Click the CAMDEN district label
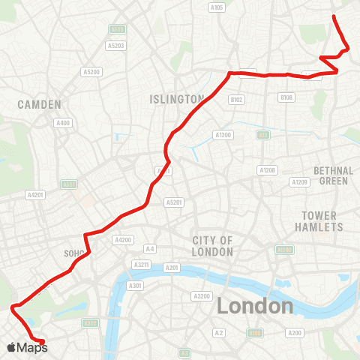click(x=39, y=105)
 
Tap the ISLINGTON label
click(x=176, y=99)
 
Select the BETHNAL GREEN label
click(x=332, y=175)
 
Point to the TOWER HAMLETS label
click(x=323, y=221)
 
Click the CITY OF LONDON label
click(x=213, y=246)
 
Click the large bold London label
click(x=255, y=306)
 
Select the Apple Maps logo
click(x=27, y=347)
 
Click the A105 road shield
click(x=217, y=7)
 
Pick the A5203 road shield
click(x=115, y=45)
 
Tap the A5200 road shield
click(x=91, y=72)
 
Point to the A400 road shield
click(x=63, y=123)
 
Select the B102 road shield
click(x=236, y=99)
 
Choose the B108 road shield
click(x=286, y=98)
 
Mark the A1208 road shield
click(x=268, y=170)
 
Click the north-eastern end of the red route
click(x=334, y=16)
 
